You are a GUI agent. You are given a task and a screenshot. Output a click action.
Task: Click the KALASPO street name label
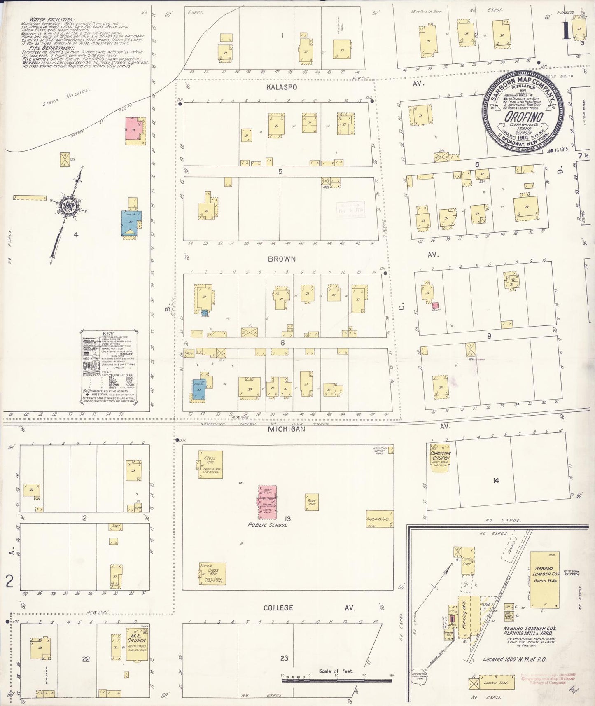point(281,87)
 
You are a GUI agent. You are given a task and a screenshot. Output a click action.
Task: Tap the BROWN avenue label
point(282,259)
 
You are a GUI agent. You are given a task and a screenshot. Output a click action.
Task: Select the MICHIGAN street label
point(287,429)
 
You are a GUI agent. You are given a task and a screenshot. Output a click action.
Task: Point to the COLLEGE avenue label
point(279,608)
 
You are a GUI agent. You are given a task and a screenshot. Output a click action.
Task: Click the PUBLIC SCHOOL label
point(267,525)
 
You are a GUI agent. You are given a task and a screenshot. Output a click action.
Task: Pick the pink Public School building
point(267,502)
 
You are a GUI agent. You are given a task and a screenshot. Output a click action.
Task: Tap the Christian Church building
point(440,458)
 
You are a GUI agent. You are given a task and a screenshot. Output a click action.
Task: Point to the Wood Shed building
point(312,502)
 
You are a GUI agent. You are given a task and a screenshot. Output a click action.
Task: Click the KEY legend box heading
point(108,334)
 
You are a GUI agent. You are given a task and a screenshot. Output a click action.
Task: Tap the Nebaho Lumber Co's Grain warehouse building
point(545,580)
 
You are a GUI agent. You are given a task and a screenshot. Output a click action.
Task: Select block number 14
point(496,480)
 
